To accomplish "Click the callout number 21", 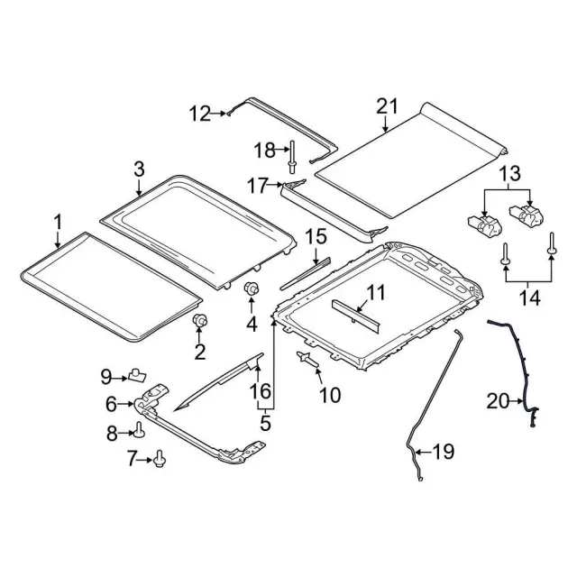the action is click(x=387, y=106).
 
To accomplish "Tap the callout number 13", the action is click(x=510, y=173).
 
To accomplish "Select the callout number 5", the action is click(x=265, y=423).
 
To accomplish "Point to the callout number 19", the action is click(x=444, y=451).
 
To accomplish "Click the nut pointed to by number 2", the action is click(x=200, y=321).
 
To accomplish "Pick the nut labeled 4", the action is click(x=252, y=288).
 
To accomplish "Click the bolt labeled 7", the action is click(x=160, y=459).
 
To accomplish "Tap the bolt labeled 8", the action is click(x=139, y=429).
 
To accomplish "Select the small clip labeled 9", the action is click(x=136, y=375).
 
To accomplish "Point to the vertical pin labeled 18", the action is click(x=292, y=157).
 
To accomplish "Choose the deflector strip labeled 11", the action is click(x=356, y=315).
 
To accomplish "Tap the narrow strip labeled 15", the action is click(x=305, y=273).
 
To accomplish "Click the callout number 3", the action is click(x=139, y=169).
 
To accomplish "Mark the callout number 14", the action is click(x=529, y=298).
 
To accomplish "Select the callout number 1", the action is click(x=58, y=223).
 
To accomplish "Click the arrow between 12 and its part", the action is click(x=218, y=114).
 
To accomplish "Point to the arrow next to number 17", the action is click(x=274, y=184).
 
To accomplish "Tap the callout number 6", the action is click(x=111, y=404).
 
